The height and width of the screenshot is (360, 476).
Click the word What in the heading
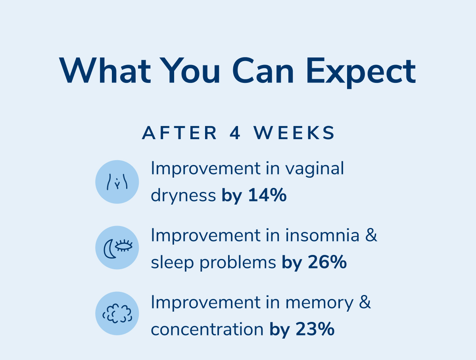coord(105,71)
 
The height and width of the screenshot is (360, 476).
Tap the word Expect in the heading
coord(361,73)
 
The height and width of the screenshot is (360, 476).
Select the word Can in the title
coord(263,71)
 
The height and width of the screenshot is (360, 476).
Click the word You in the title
coord(191,71)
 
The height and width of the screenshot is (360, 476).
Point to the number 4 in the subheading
coord(235,133)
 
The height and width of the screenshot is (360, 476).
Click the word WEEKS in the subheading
coord(294,133)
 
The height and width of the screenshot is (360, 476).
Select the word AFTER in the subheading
coord(179,133)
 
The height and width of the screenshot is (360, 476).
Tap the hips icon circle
coord(117,182)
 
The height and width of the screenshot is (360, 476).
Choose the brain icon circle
coord(117,313)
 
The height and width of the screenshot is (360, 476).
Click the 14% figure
coord(267,195)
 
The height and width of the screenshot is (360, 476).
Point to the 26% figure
coord(327,262)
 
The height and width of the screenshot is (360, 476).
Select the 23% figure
coord(315,329)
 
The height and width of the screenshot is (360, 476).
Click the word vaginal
coord(315,169)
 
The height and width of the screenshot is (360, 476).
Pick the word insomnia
coord(322,235)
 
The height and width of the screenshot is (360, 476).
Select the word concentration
coord(207,329)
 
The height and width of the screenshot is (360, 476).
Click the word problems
coord(238,262)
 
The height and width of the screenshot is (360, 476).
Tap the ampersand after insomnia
coord(371,235)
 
